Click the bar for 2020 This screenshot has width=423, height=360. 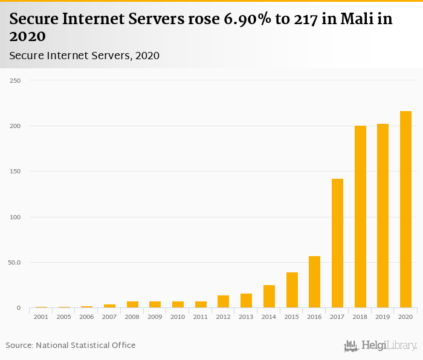coord(405,210)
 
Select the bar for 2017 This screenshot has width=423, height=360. coord(337,243)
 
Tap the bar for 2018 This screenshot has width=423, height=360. coord(360,217)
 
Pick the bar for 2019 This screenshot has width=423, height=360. coord(383,216)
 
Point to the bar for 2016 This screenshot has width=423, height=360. coord(314,282)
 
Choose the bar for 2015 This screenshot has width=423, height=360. coord(292,290)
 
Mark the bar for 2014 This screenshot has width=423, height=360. coord(269,297)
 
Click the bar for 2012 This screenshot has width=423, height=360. coord(224,301)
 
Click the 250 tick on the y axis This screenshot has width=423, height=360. coord(15,80)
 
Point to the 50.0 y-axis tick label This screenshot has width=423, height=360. coord(14,263)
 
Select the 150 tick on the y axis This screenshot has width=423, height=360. coord(15,172)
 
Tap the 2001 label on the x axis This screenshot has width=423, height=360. coord(41,317)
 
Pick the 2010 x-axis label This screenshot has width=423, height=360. coord(178,317)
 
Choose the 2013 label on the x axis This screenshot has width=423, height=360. coord(246,317)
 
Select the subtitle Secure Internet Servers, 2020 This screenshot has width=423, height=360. coord(85,56)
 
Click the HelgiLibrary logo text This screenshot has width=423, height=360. coord(389,346)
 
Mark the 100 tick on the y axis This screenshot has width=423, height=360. coord(15,217)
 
